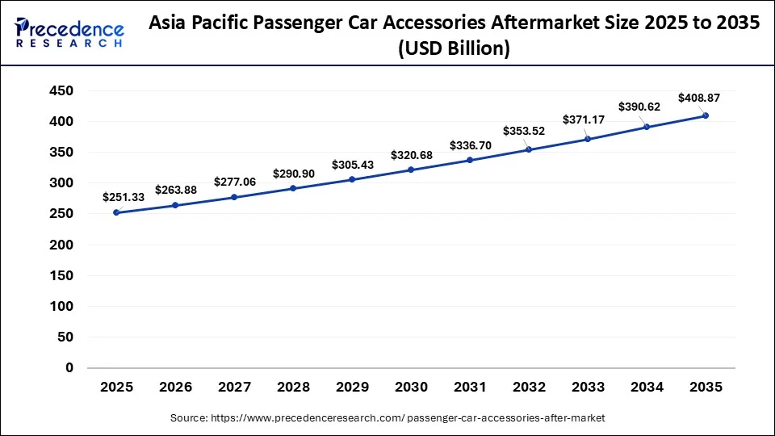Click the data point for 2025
117,212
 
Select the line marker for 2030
412,170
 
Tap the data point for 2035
706,115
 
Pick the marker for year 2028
293,188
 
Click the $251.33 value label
123,197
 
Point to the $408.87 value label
699,98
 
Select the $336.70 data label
471,145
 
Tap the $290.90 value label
294,174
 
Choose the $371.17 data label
583,119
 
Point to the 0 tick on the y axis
69,368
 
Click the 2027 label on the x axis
235,388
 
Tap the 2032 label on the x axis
530,388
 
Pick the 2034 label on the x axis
647,388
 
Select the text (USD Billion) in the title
455,49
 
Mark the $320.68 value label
412,155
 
